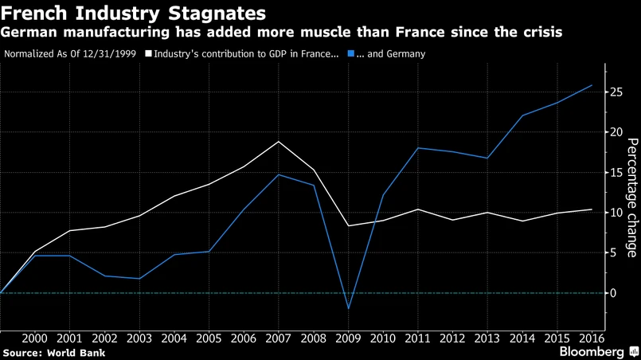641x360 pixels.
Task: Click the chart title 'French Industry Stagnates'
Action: point(134,14)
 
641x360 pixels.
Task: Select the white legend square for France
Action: point(148,54)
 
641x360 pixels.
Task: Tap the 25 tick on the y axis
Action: point(613,92)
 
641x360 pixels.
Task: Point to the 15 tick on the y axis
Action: point(613,173)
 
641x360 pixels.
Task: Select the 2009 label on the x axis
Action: point(349,338)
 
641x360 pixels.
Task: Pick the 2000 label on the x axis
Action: point(35,338)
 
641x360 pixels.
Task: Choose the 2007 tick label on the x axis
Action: point(279,338)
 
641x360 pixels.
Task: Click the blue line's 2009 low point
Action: point(348,309)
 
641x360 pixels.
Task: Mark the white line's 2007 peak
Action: point(279,142)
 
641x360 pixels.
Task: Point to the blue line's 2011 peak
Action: point(418,148)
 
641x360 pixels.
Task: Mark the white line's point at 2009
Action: point(349,226)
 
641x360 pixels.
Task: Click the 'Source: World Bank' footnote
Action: point(54,352)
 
